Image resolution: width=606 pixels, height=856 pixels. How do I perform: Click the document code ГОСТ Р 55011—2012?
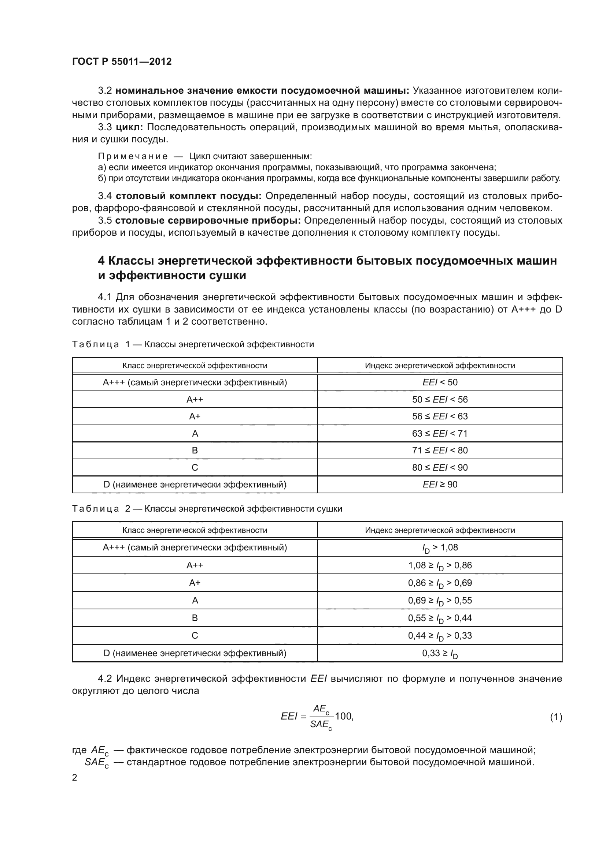click(x=122, y=61)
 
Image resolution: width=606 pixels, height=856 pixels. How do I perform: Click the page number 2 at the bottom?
click(x=75, y=778)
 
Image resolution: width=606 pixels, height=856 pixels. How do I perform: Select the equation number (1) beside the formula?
click(x=556, y=717)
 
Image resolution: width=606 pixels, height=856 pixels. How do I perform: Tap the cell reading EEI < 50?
click(x=440, y=382)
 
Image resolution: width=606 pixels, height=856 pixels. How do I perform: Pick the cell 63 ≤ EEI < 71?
click(x=440, y=434)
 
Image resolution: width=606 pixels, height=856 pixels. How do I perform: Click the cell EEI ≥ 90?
click(x=440, y=485)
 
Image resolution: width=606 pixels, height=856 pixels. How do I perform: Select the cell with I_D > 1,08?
click(x=440, y=548)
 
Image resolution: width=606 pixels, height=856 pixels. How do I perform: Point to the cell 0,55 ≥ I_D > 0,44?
click(x=440, y=618)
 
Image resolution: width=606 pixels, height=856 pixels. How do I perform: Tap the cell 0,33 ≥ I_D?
click(x=440, y=654)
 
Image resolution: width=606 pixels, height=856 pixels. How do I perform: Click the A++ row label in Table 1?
click(x=195, y=400)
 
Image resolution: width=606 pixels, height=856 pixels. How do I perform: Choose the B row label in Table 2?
click(x=195, y=618)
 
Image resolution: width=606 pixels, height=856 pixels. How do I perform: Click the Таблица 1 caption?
click(x=193, y=344)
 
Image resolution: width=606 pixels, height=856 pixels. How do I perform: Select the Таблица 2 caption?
click(x=207, y=509)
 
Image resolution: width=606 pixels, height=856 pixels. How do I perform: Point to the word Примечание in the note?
click(x=133, y=156)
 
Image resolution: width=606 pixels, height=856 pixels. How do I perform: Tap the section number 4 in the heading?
click(x=101, y=261)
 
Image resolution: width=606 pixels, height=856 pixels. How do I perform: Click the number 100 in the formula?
click(x=343, y=716)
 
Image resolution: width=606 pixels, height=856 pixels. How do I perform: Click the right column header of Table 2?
click(x=440, y=530)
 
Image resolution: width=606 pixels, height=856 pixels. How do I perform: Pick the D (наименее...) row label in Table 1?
click(x=195, y=485)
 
